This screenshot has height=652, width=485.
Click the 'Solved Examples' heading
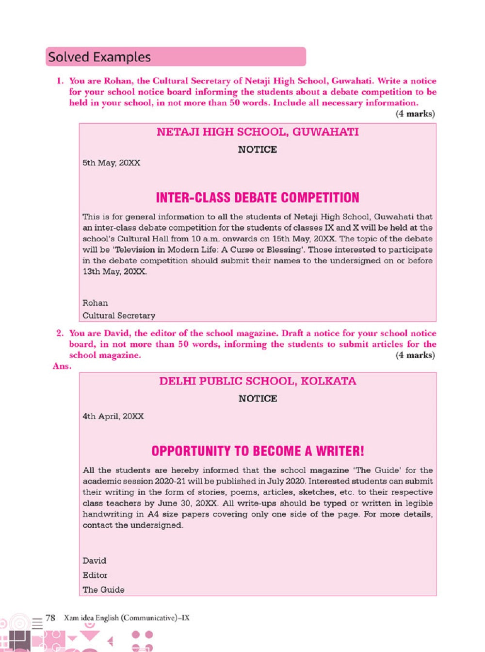pos(99,57)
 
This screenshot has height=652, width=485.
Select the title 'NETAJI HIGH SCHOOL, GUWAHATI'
pos(258,132)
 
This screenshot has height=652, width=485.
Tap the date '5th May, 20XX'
pos(111,163)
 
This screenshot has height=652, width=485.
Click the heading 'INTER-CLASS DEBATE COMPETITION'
pos(258,198)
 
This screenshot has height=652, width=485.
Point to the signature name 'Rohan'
pos(95,303)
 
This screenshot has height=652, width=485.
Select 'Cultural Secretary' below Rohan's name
pos(119,316)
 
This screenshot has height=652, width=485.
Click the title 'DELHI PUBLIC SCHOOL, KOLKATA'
pos(258,381)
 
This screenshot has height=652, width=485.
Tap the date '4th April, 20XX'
pos(113,417)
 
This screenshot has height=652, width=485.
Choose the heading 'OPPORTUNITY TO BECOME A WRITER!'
pos(258,451)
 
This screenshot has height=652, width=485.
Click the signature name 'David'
pos(94,561)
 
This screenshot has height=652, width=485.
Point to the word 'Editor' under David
pos(95,575)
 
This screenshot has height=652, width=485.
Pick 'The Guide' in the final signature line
pos(103,590)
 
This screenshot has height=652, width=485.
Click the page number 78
pos(50,618)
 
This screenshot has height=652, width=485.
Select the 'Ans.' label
pos(62,366)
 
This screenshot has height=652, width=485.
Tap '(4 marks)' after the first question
pos(415,114)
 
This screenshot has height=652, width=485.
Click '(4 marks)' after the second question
pos(415,355)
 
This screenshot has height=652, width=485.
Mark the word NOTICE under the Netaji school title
pos(258,150)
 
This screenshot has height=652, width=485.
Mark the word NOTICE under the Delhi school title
pos(258,399)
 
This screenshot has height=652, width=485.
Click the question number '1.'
pos(60,81)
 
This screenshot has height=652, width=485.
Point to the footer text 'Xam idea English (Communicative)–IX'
pos(127,618)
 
